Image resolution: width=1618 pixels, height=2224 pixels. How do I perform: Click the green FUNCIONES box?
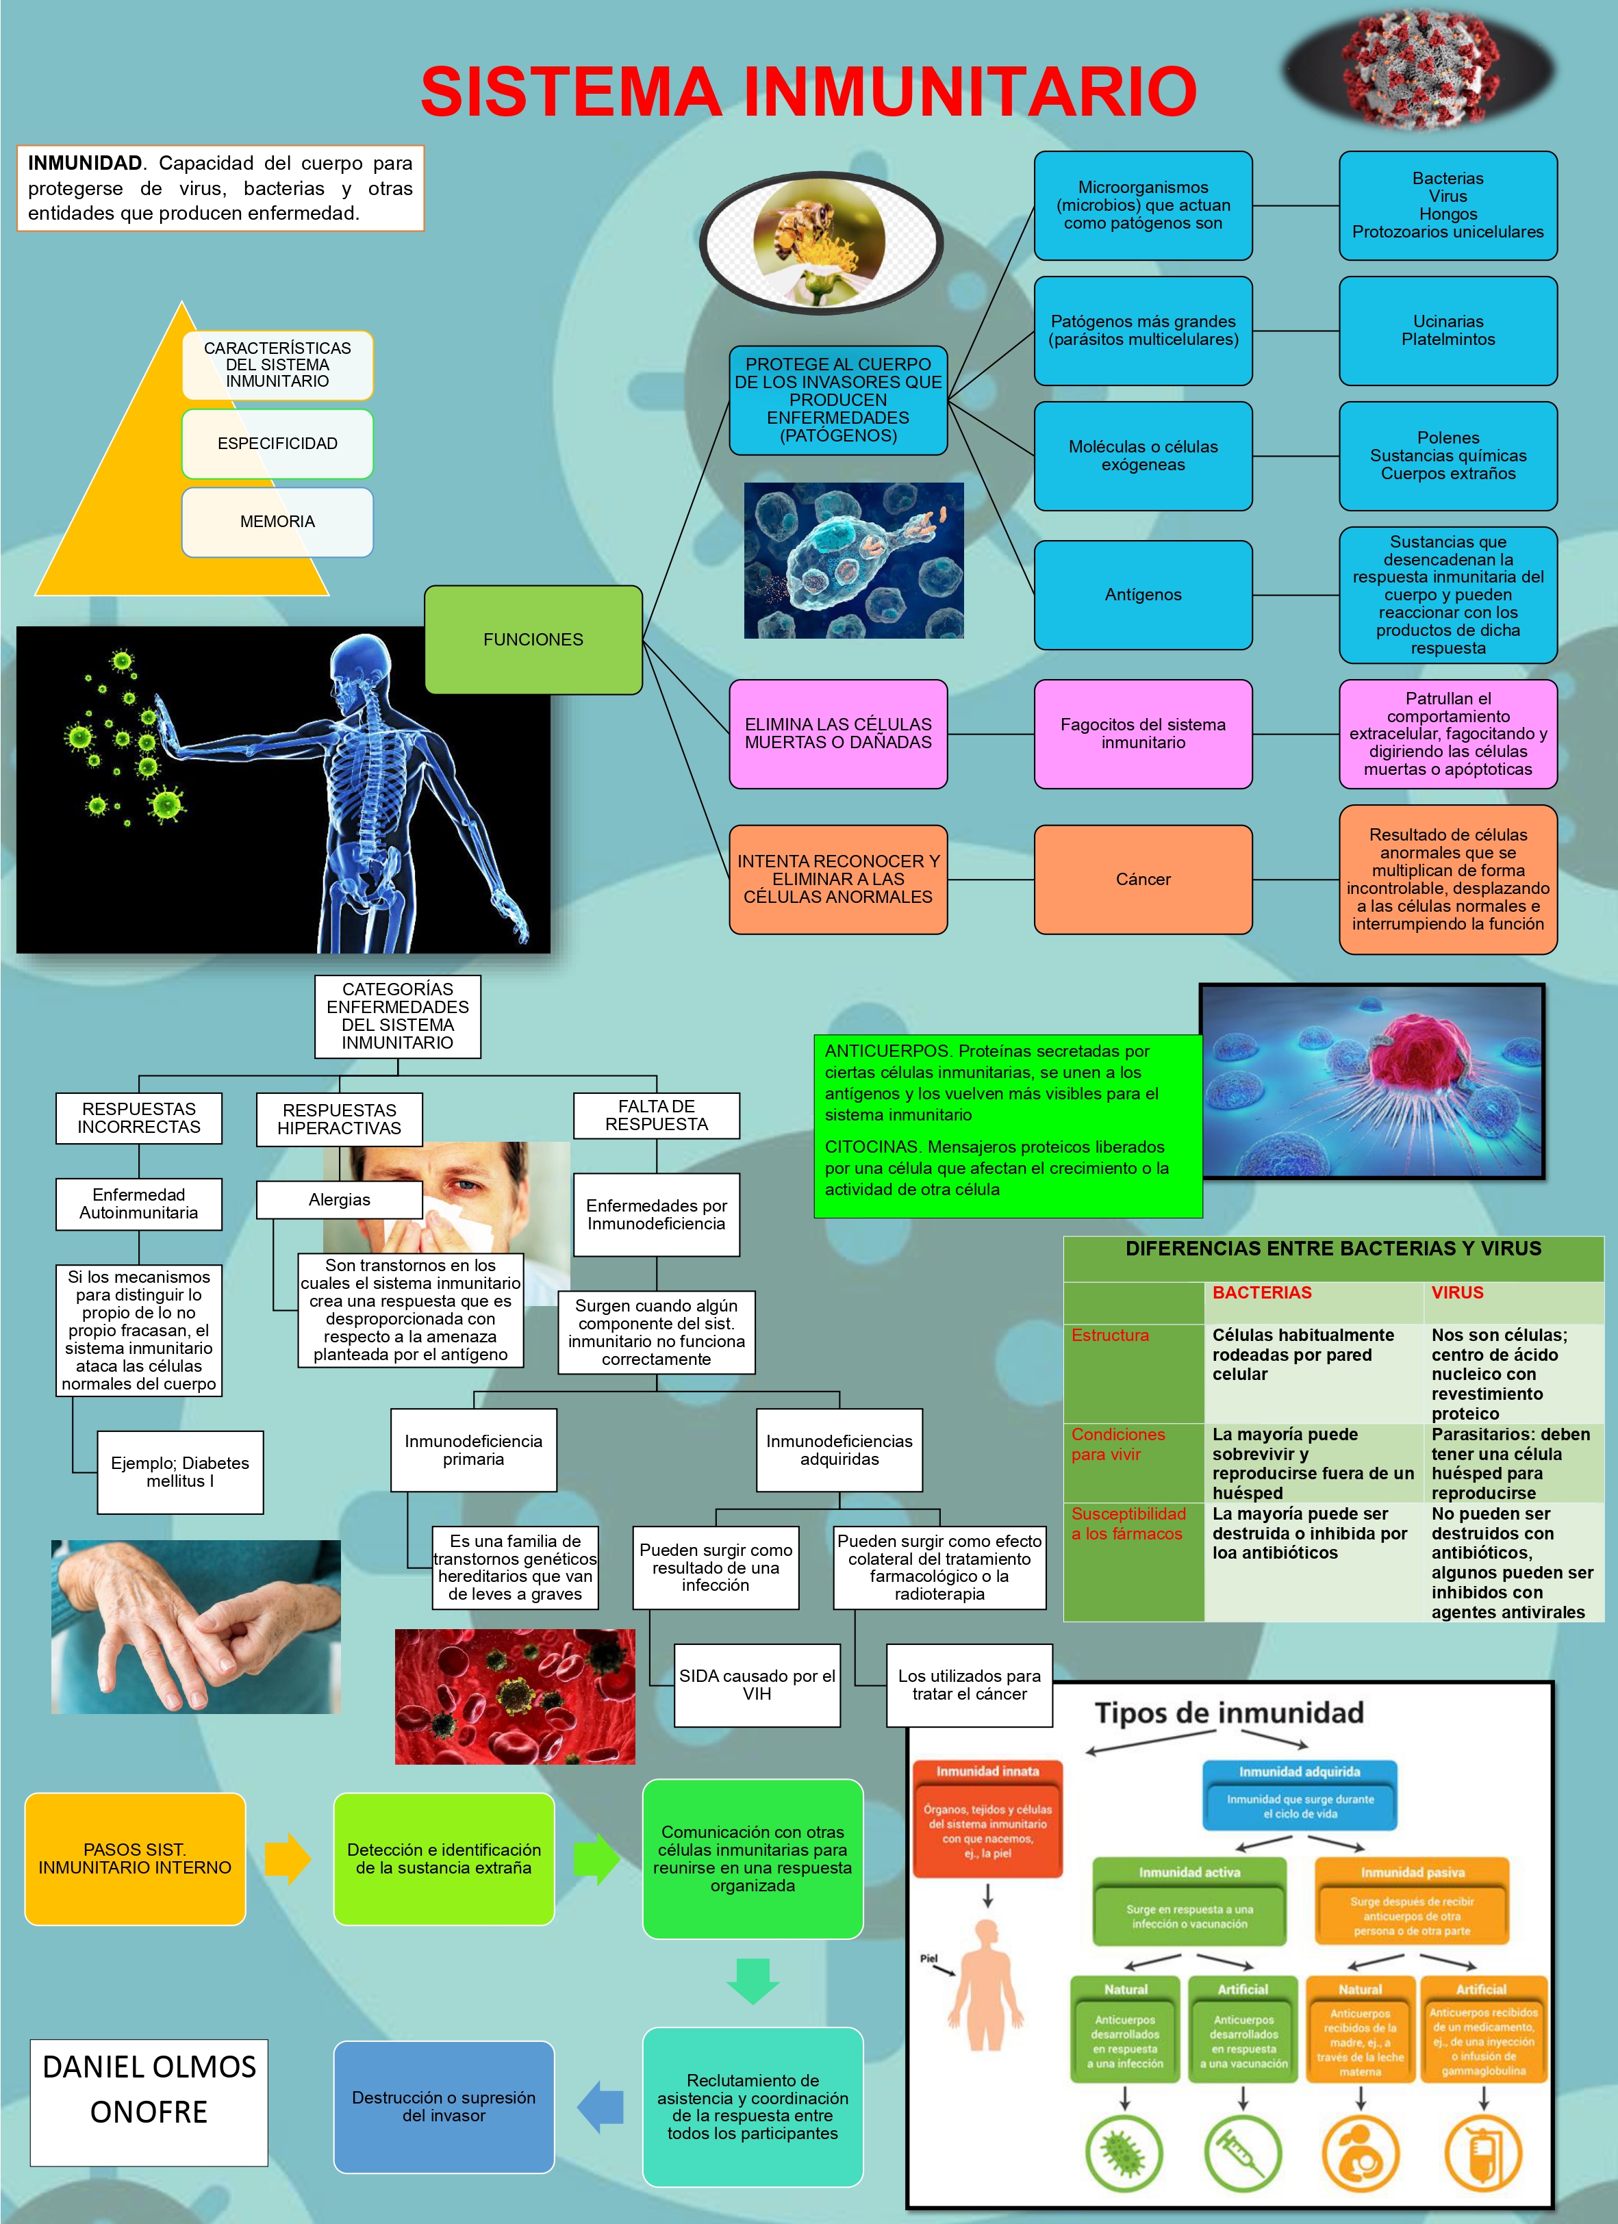click(x=533, y=639)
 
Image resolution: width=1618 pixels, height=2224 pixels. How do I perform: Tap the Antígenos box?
click(x=1142, y=594)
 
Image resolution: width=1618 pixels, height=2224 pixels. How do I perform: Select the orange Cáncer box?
click(x=1142, y=879)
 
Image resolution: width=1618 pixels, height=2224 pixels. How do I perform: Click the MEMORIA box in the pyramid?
click(x=277, y=522)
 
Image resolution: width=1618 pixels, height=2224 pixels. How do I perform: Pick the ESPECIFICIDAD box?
click(x=277, y=444)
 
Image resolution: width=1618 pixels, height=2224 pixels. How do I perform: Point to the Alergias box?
click(x=340, y=1199)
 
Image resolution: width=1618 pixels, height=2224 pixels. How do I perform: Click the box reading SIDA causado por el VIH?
click(x=756, y=1685)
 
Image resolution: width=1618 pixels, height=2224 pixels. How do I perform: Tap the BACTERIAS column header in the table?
click(x=1261, y=1292)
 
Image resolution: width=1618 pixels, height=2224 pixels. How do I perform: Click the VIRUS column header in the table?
click(x=1457, y=1292)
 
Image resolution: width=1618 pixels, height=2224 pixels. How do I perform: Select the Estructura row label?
click(x=1110, y=1335)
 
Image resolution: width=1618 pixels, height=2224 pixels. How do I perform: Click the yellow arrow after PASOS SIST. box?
click(x=288, y=1858)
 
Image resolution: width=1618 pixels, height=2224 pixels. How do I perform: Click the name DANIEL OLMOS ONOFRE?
click(x=149, y=2088)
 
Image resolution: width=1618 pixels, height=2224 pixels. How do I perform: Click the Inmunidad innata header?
click(x=987, y=1771)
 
